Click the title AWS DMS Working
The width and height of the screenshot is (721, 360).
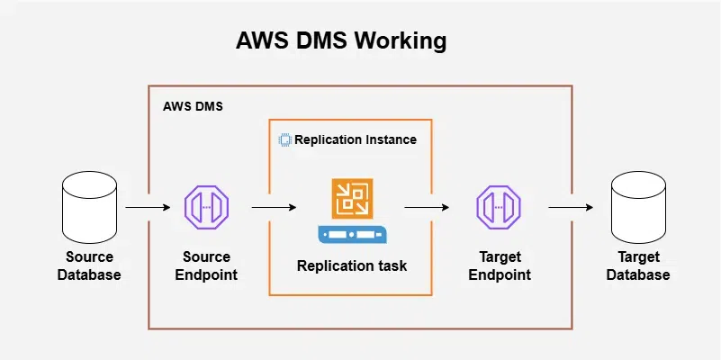[340, 41]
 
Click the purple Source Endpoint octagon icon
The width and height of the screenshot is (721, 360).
[207, 208]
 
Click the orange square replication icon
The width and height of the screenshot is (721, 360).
[353, 198]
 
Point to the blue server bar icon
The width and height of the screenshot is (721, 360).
[353, 235]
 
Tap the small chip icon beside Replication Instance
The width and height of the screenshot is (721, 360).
[284, 140]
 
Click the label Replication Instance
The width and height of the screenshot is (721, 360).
[356, 140]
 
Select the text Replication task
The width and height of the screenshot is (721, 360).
[353, 265]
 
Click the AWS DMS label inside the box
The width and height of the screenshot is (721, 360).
[193, 106]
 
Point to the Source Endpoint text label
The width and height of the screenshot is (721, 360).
[207, 266]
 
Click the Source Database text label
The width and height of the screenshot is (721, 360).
[88, 266]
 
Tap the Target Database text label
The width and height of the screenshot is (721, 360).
[637, 266]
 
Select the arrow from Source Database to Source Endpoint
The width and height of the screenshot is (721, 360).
[148, 208]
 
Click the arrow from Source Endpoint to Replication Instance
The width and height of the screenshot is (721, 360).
[274, 208]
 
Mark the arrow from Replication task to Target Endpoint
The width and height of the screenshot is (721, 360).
[428, 208]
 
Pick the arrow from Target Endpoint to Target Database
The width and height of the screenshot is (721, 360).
[571, 208]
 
